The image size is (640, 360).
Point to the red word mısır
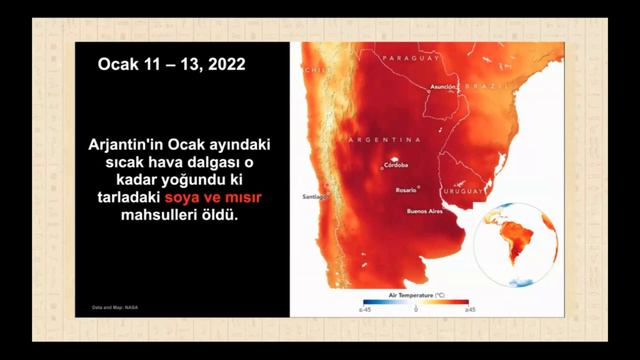tap(249, 197)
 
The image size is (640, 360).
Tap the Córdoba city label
tap(395, 168)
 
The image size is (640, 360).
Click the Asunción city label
tap(442, 87)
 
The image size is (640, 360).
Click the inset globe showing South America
tap(516, 243)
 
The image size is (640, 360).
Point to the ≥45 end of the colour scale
tap(469, 311)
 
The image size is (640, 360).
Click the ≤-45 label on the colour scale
tap(364, 311)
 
